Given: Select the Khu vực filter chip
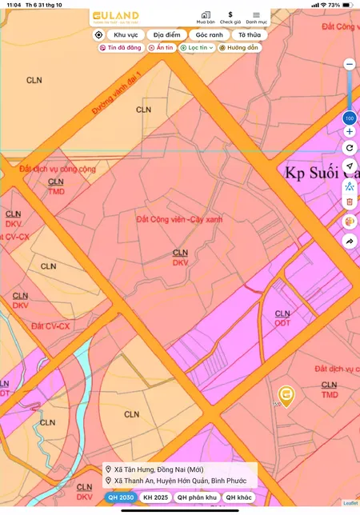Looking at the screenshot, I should (126, 35).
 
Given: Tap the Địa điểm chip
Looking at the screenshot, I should (167, 35).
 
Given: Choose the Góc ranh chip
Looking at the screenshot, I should (210, 35).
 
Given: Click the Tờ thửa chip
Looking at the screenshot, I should (249, 35).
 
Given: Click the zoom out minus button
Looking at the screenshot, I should (349, 64).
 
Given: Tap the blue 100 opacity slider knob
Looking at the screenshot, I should (349, 118).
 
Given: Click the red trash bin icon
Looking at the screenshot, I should (350, 202).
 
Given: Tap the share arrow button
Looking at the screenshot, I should (350, 241).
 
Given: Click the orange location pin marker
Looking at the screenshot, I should (286, 395).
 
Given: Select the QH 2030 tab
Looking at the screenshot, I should (121, 497).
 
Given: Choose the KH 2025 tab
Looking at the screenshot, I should (156, 497).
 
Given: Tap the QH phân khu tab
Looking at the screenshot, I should (197, 497).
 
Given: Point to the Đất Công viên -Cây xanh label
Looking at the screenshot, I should (179, 218).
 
